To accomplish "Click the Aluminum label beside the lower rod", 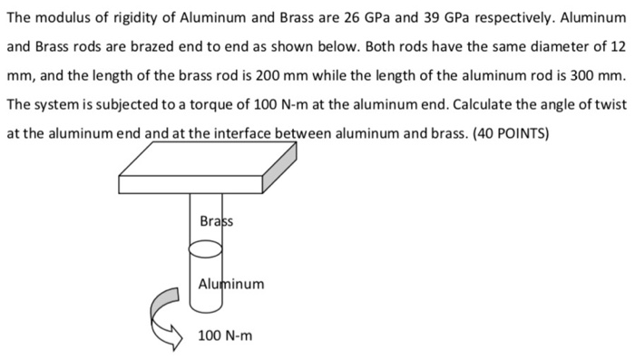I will [231, 284].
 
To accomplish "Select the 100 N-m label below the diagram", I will [225, 336].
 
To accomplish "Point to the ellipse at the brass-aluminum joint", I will [206, 247].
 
